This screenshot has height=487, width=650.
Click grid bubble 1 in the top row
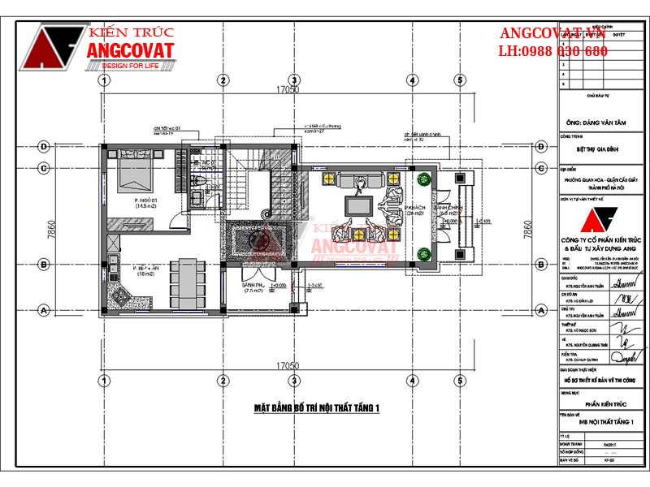(104, 80)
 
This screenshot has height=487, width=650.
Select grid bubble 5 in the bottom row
(460, 380)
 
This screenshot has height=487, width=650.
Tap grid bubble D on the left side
(42, 147)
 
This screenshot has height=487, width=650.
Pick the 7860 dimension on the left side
(51, 229)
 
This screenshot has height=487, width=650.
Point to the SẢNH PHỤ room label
(253, 287)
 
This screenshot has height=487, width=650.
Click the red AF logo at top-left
(52, 45)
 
